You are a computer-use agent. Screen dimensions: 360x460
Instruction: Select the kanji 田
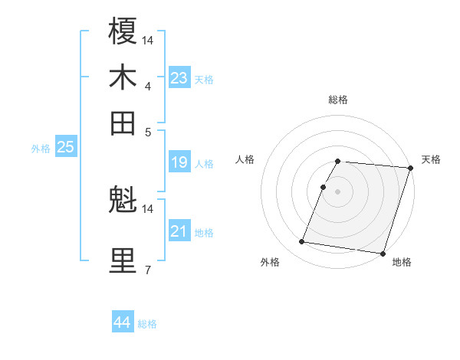(123, 123)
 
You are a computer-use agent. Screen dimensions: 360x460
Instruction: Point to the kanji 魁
(123, 201)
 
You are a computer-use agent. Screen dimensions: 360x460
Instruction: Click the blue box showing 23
(179, 78)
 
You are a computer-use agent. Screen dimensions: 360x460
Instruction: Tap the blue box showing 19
(179, 162)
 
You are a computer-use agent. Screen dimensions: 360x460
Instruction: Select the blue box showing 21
(179, 231)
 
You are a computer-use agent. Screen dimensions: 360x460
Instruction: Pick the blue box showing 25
(66, 147)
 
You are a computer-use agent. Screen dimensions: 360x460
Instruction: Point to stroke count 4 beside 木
(147, 86)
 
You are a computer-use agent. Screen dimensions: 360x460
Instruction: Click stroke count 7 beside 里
(147, 270)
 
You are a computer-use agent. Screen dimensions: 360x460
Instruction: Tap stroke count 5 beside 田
(147, 132)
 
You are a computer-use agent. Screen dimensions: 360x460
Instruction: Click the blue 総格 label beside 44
(147, 324)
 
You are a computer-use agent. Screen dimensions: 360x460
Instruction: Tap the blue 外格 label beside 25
(41, 149)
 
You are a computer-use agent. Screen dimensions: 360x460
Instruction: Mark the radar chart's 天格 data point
(410, 169)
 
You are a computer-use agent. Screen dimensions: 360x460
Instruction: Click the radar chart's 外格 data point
(302, 242)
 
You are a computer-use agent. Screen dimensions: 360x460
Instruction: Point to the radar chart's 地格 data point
(381, 253)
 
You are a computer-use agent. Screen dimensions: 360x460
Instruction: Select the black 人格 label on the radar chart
(245, 159)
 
